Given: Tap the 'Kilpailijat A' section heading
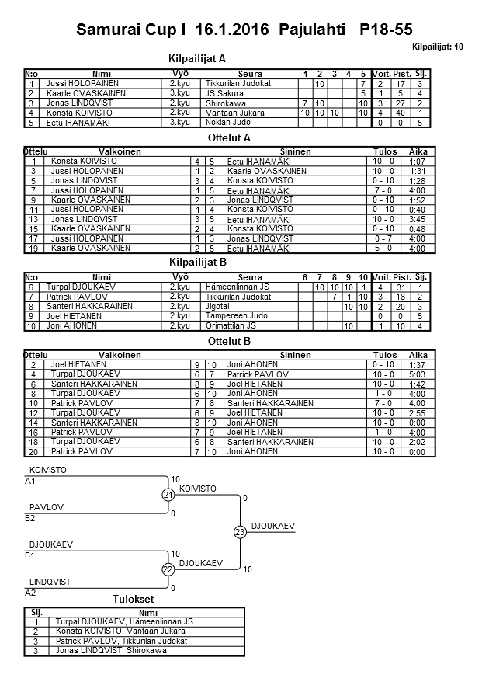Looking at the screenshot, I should tap(197, 58).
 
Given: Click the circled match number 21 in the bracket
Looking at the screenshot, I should tap(168, 495).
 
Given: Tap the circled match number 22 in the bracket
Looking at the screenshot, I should tap(168, 569).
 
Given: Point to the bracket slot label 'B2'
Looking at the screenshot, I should tap(30, 517).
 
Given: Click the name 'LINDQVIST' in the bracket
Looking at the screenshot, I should tap(50, 582).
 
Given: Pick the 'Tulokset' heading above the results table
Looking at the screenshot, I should tap(134, 599).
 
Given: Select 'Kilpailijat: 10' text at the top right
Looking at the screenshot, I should tap(438, 47).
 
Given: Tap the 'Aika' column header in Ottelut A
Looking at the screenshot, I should tap(418, 151).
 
